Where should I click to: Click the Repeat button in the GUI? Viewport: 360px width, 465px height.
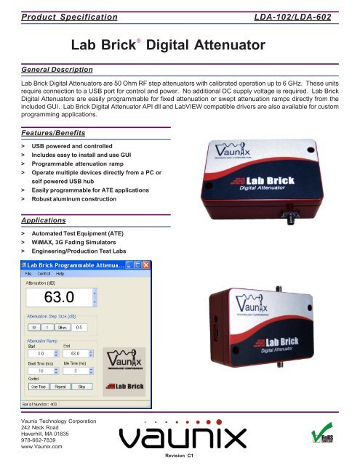tap(62, 387)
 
